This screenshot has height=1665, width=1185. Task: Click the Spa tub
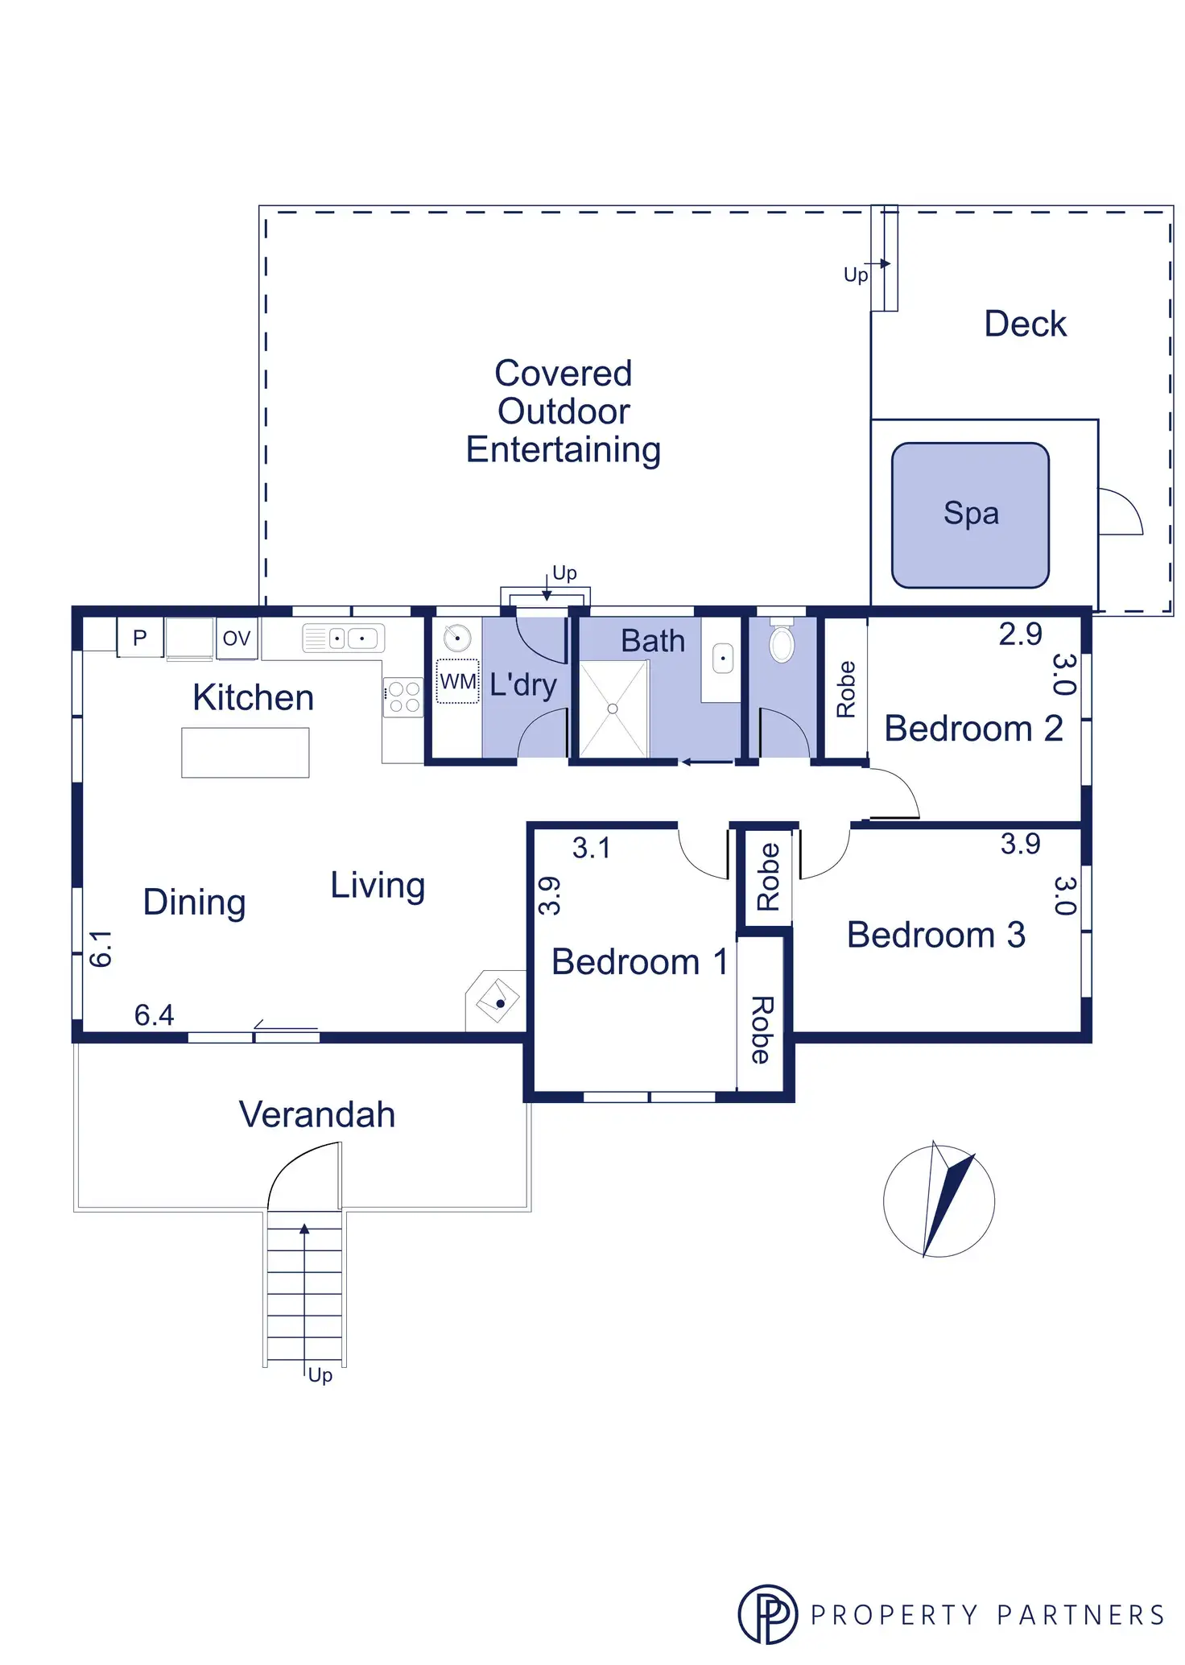pos(970,514)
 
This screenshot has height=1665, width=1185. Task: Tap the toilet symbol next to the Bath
pos(782,642)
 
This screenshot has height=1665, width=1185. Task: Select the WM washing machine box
pos(458,681)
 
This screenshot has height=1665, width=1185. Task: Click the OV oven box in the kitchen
pos(237,638)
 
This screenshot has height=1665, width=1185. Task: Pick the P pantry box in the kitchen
pos(140,638)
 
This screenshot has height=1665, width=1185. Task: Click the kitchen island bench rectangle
pos(246,752)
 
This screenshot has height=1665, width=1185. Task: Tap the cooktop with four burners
pos(403,697)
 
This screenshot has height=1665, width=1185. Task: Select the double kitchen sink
pos(344,638)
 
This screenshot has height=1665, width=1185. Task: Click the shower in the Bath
pos(613,709)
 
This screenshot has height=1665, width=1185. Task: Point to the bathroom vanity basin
pos(723,659)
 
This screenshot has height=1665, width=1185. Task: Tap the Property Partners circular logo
pos(768,1613)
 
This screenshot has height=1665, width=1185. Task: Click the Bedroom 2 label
pos(973,729)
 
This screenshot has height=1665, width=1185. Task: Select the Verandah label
pos(317,1115)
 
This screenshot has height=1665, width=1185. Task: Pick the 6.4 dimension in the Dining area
pos(154,1015)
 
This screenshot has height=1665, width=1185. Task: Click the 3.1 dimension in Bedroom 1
pos(592,848)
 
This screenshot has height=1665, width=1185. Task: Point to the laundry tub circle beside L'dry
pos(457,638)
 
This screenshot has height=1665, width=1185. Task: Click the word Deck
pos(1025,324)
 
